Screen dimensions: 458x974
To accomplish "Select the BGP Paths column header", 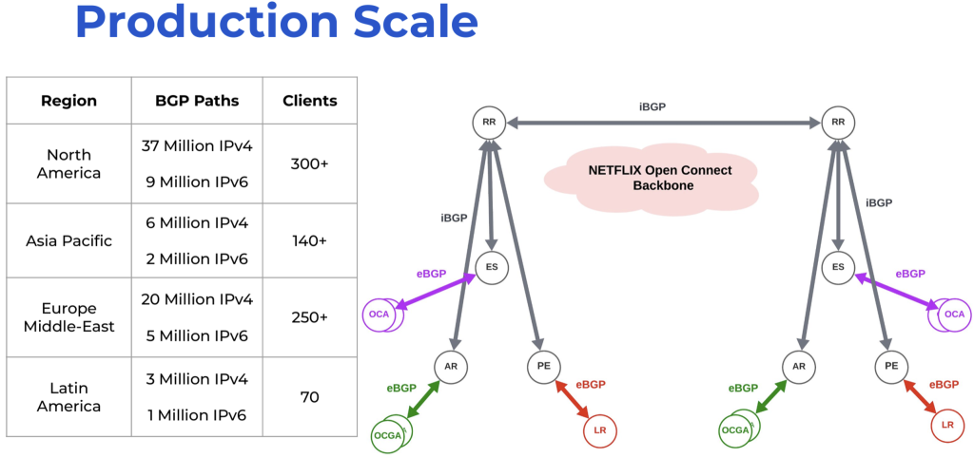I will (197, 101).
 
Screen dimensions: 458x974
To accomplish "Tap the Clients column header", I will (310, 101).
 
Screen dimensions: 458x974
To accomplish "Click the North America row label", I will (69, 163).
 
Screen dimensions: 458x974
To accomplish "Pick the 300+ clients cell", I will (310, 163).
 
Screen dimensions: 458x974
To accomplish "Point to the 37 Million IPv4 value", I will (197, 145).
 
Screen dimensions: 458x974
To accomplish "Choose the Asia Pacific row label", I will (69, 240).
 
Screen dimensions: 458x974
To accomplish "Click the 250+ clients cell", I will (310, 316).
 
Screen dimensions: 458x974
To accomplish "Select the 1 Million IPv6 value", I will (197, 415).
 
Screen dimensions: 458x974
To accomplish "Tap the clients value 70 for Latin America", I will (310, 397).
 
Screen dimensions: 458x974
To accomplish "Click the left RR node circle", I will (489, 122).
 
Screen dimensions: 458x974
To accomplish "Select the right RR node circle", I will (838, 122).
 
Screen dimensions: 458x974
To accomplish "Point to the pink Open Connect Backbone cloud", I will (652, 178).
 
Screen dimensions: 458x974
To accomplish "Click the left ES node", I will (492, 267).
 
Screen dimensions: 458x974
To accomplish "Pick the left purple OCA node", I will (380, 315).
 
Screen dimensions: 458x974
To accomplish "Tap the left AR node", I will (451, 365).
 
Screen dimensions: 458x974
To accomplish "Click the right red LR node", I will (946, 425).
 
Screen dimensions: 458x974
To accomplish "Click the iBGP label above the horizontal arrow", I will (652, 107).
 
